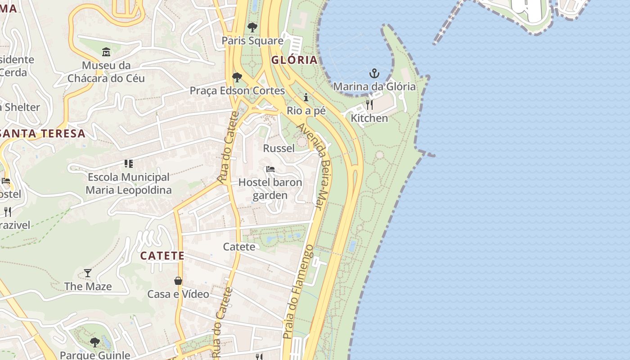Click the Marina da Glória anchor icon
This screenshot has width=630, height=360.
click(x=374, y=73)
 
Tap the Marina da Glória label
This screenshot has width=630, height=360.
click(x=374, y=86)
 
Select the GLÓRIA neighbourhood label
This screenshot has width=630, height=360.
click(x=294, y=60)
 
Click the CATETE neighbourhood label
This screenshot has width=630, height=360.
click(x=162, y=256)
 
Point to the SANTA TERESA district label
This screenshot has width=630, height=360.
click(x=43, y=133)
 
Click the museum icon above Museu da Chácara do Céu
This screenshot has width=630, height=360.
click(x=106, y=52)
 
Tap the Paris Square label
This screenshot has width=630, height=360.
click(x=252, y=41)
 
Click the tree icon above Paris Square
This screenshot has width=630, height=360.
click(x=252, y=27)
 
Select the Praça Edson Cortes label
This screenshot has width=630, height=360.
click(x=237, y=90)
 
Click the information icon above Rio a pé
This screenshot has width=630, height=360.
click(x=306, y=97)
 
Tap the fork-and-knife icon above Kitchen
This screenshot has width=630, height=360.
click(x=369, y=105)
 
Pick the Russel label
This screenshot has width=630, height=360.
click(x=279, y=148)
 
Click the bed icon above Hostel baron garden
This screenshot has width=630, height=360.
click(x=270, y=169)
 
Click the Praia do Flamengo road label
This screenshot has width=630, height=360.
click(x=298, y=292)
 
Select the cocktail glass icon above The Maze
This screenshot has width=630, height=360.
click(x=88, y=273)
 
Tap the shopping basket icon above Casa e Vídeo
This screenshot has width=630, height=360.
click(x=178, y=281)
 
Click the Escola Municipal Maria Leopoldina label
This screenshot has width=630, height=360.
click(x=129, y=184)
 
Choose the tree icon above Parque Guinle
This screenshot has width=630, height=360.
click(x=95, y=342)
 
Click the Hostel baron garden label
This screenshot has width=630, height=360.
click(x=270, y=189)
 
